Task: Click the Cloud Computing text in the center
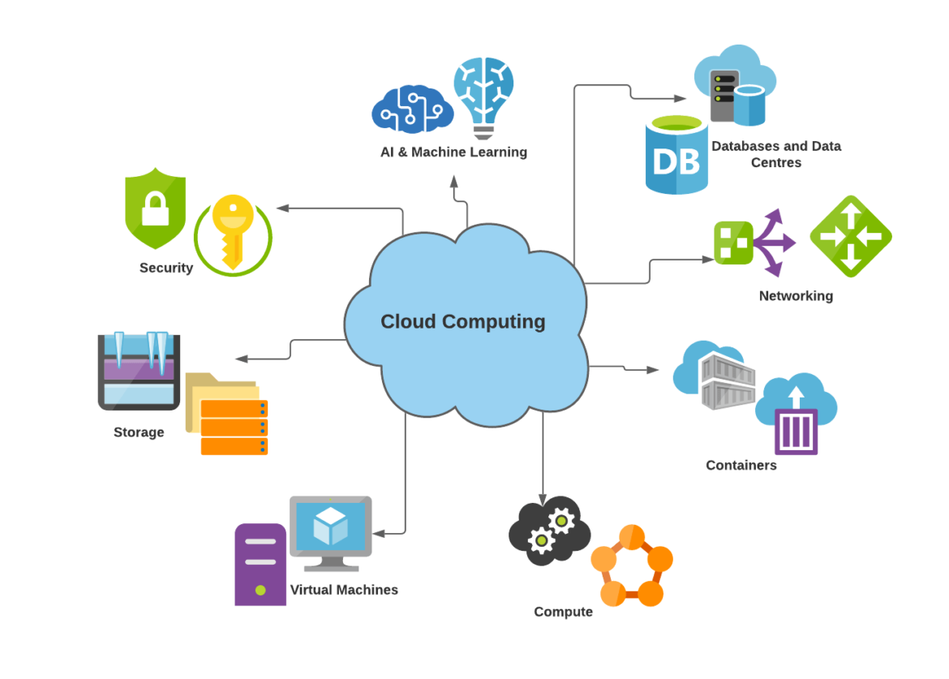[462, 321]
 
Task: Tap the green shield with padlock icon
[155, 208]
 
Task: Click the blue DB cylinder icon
[676, 156]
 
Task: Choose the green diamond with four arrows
[850, 236]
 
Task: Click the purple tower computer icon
[260, 564]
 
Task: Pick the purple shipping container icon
[796, 431]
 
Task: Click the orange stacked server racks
[234, 427]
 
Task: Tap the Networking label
[796, 296]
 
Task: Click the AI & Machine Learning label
[453, 152]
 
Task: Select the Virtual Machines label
[344, 590]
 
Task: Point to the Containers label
[741, 465]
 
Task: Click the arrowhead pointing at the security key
[283, 208]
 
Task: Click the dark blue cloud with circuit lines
[411, 111]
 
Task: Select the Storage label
[139, 432]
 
